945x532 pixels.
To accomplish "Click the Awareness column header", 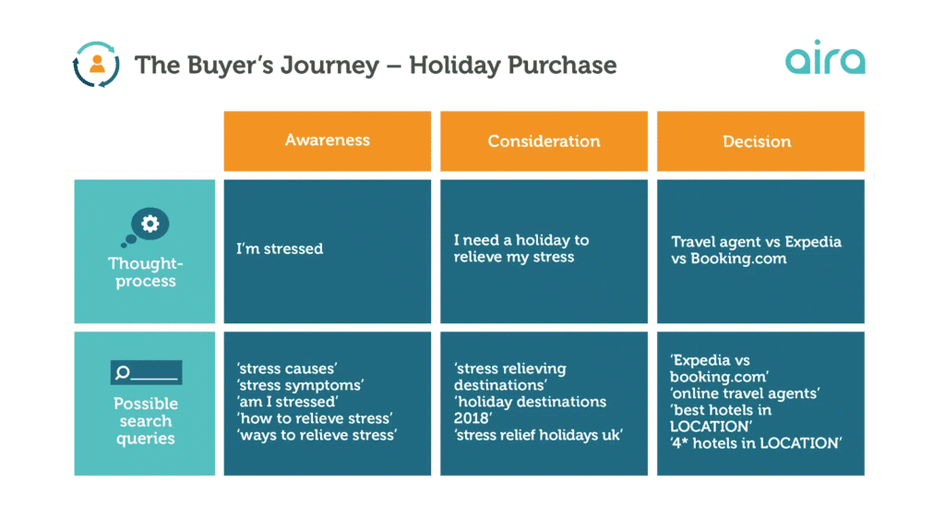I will click(x=328, y=140).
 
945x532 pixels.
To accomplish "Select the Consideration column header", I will click(x=544, y=141).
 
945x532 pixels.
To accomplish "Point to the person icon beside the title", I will click(x=97, y=64).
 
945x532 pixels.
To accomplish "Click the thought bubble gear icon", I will click(x=150, y=224).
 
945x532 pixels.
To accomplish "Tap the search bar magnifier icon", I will click(x=124, y=373).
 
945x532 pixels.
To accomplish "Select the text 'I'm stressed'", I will click(x=280, y=248).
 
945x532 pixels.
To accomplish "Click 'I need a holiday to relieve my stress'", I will click(x=520, y=248).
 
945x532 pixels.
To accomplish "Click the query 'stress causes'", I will click(x=286, y=369).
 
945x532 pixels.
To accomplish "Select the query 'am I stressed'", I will click(x=287, y=402).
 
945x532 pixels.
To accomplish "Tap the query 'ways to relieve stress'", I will click(x=317, y=435).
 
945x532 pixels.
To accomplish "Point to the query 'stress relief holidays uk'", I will click(x=538, y=435).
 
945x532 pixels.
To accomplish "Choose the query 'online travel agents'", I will click(x=746, y=393).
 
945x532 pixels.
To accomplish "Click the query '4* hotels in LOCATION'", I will click(x=756, y=443).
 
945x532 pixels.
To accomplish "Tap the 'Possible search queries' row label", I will click(x=146, y=421).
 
